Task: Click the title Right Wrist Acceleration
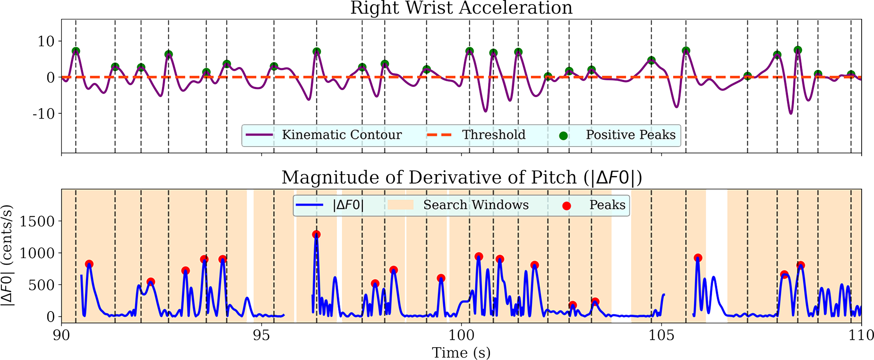click(x=461, y=8)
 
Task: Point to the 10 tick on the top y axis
click(x=46, y=41)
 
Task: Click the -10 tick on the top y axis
click(x=44, y=114)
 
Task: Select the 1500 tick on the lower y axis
click(x=37, y=221)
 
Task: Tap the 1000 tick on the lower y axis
click(x=37, y=253)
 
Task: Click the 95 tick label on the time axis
click(x=261, y=335)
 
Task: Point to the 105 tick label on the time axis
click(x=661, y=335)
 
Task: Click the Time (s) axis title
click(x=461, y=352)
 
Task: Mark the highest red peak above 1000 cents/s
click(x=316, y=234)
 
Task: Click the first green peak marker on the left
click(x=76, y=51)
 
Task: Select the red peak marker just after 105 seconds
click(x=698, y=258)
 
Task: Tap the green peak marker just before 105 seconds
click(x=652, y=60)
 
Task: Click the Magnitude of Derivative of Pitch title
click(x=461, y=177)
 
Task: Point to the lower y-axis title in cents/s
click(x=7, y=256)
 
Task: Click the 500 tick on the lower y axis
click(x=41, y=285)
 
